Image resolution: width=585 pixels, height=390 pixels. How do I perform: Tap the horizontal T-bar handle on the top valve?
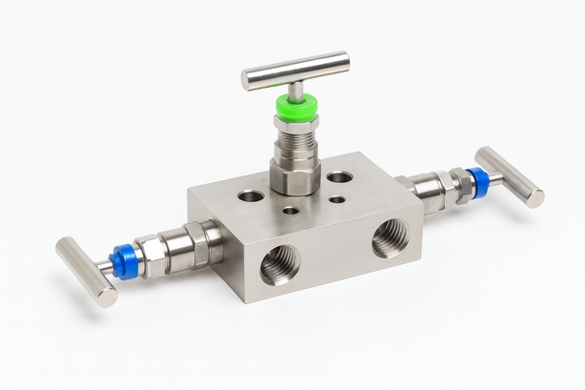295,71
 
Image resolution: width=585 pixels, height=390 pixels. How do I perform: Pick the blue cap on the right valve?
477,182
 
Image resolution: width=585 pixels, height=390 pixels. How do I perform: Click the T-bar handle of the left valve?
86,272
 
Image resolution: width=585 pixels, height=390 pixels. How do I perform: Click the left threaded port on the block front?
279,264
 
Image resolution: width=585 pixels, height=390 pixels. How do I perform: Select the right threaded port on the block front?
390,238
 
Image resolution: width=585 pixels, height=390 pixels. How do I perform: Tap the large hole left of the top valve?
252,195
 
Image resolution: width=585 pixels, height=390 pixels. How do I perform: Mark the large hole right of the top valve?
339,177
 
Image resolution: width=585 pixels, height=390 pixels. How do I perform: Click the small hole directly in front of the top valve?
291,210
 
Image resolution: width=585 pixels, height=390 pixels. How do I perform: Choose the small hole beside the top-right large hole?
337,199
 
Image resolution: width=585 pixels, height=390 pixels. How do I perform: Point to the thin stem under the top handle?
296,90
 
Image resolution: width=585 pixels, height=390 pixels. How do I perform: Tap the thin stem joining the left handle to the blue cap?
106,267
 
